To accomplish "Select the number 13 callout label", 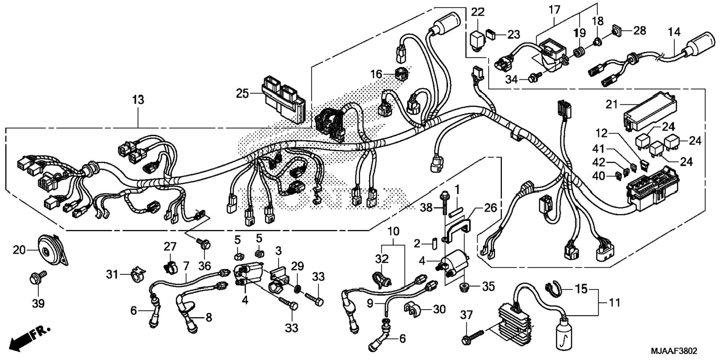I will coord(138,100).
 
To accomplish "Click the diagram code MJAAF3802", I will coord(674,351).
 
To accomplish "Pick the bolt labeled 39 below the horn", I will coord(38,278).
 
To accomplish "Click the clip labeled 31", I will coord(137,274).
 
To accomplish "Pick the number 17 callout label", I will coord(554,10).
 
